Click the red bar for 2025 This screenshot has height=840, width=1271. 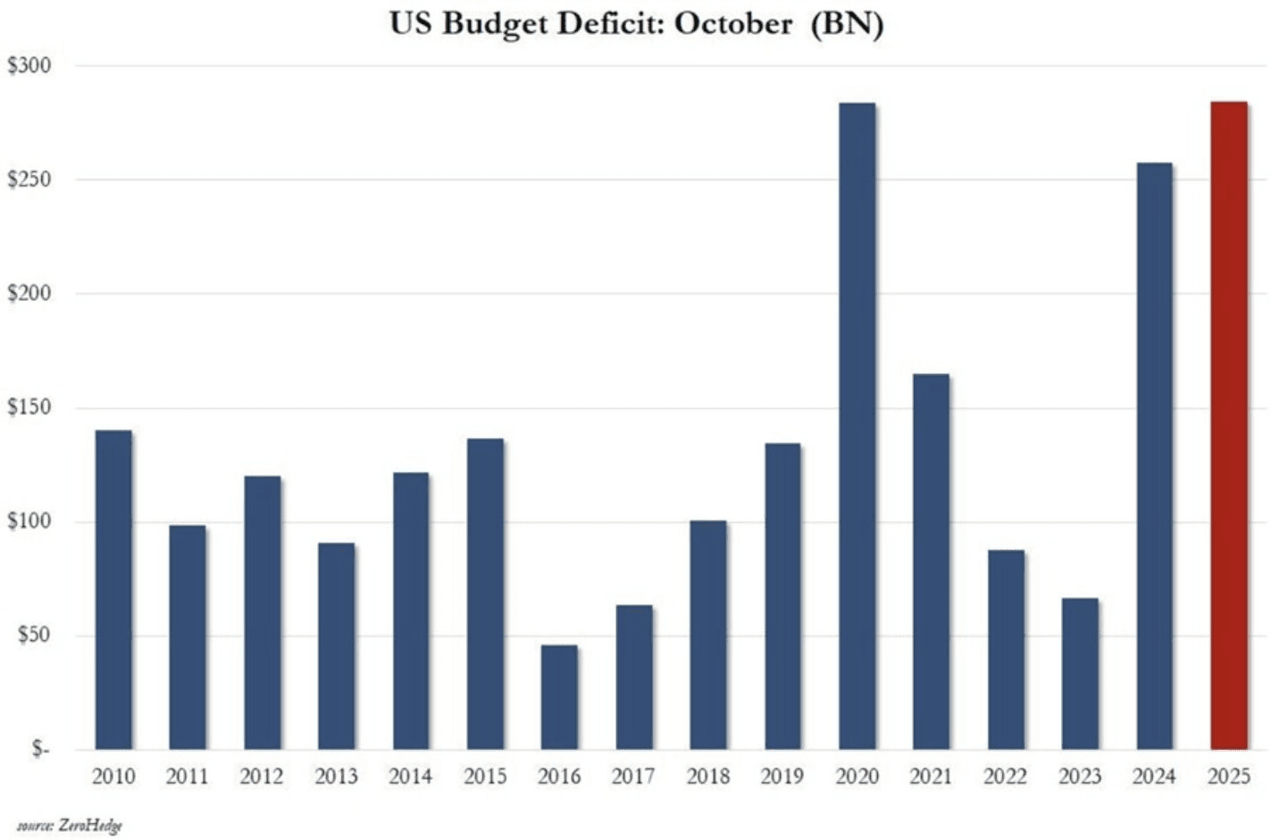point(1229,426)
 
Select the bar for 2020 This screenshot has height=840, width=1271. point(857,426)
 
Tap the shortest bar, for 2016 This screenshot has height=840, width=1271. point(559,697)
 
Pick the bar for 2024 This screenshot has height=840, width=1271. point(1154,456)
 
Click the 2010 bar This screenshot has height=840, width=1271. point(113,590)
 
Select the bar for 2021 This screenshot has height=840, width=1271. point(932,561)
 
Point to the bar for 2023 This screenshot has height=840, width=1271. point(1080,674)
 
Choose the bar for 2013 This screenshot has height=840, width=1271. point(336,646)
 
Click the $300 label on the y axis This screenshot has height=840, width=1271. point(29,66)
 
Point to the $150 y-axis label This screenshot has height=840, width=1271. point(29,408)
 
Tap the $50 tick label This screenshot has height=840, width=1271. point(33,636)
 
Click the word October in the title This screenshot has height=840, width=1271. point(732,23)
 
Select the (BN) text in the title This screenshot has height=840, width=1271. point(846,23)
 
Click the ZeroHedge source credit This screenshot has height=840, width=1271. point(89,826)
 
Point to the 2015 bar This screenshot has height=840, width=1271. point(485,595)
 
